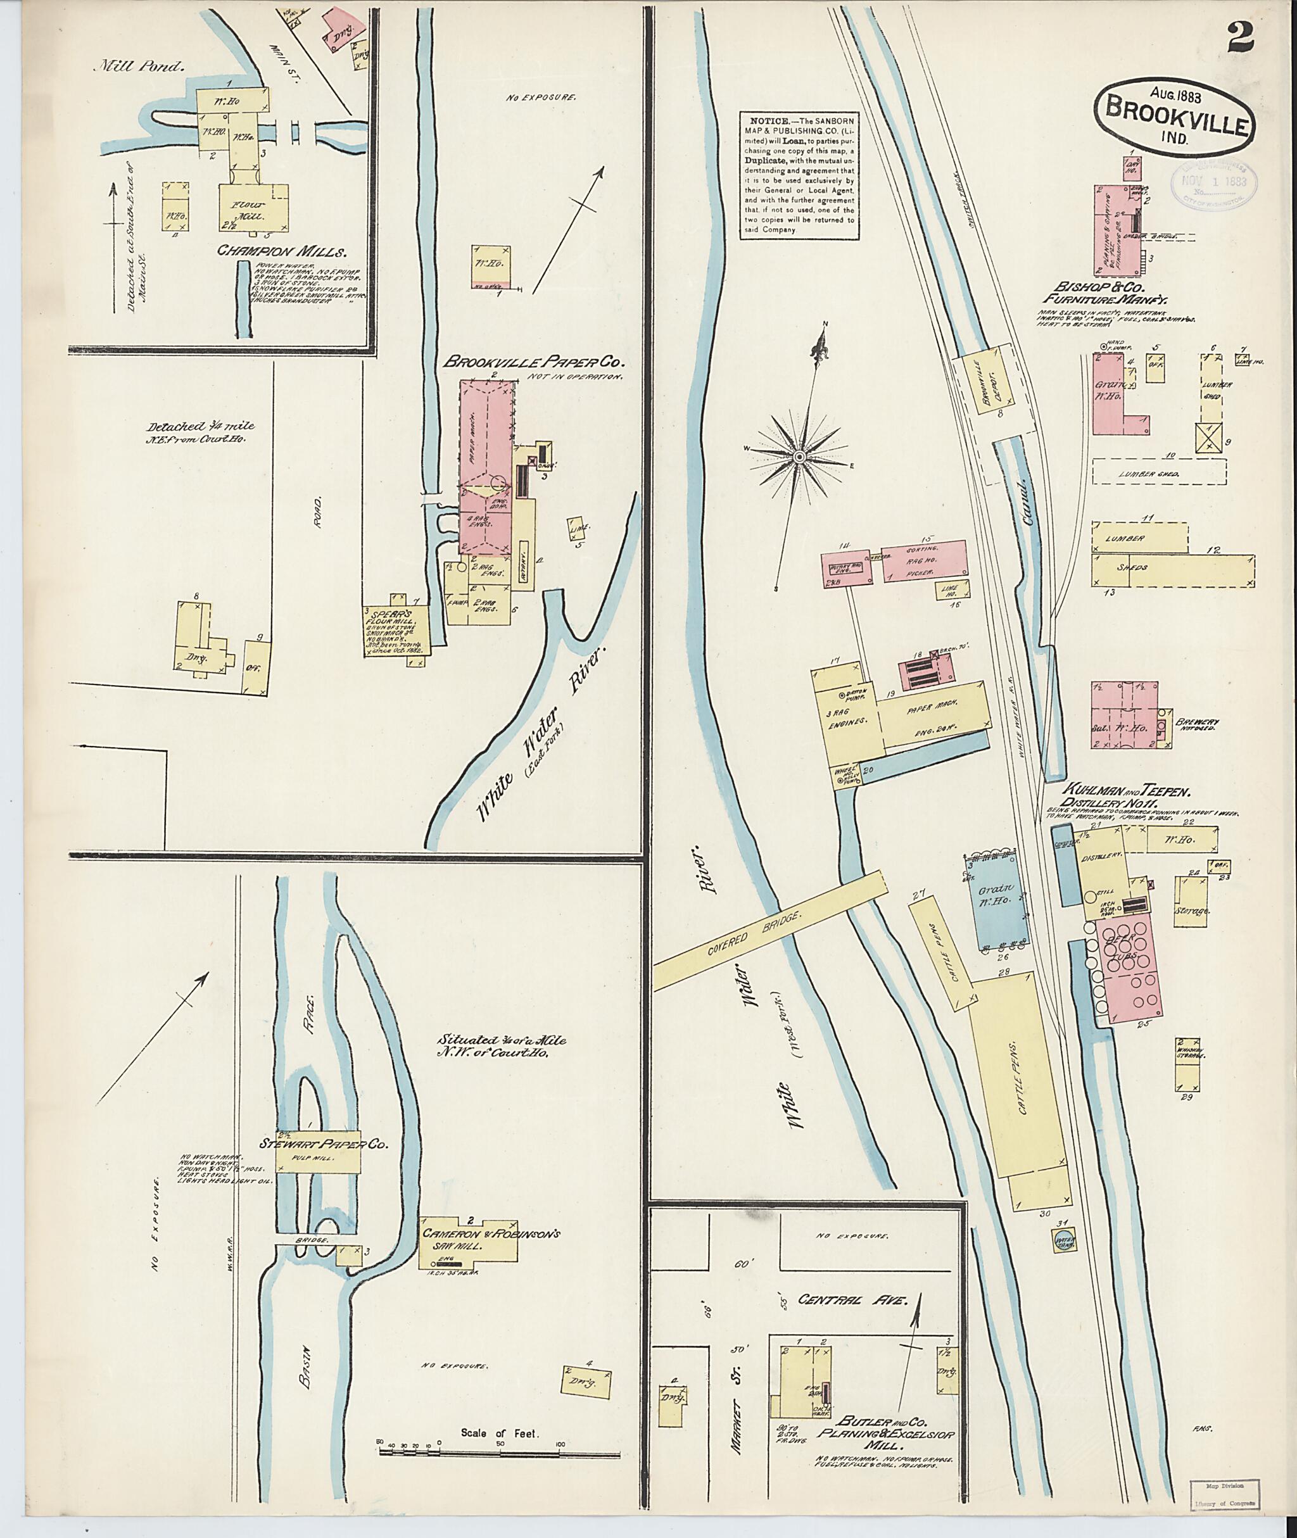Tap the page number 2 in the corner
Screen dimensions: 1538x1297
coord(1241,37)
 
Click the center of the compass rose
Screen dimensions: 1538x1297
coord(799,457)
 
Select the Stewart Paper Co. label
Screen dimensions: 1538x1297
coord(323,1145)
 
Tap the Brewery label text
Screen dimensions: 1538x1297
coord(1196,722)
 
